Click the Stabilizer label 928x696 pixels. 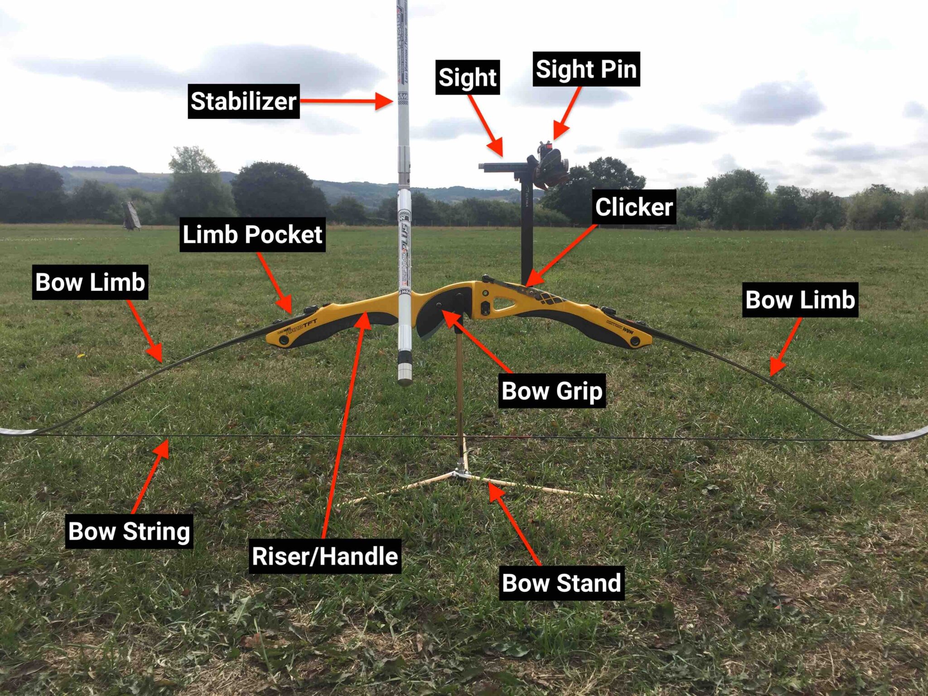(244, 101)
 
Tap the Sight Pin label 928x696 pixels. (586, 69)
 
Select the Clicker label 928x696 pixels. (634, 207)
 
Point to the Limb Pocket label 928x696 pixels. (252, 235)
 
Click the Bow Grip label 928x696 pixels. (552, 391)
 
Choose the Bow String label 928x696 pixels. (129, 531)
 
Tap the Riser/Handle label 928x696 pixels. (325, 556)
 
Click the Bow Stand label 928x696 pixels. (561, 583)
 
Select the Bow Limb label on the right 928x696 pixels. (800, 300)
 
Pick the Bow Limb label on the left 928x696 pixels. (90, 282)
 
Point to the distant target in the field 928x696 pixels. (131, 215)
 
